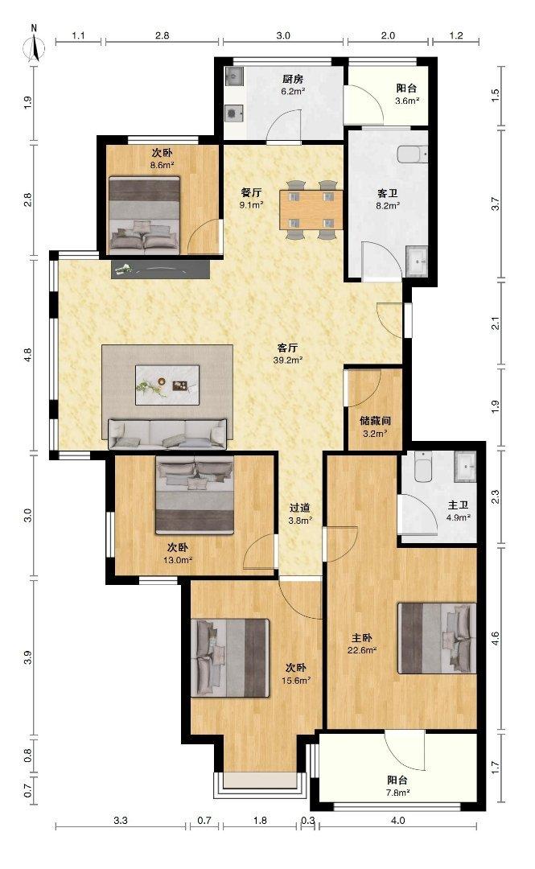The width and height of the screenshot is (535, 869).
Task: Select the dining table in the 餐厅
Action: coord(311,209)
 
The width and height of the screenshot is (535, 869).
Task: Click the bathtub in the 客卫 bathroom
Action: coord(413,154)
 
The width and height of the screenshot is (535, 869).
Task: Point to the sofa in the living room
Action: coord(167,434)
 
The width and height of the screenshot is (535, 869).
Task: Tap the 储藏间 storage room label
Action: coord(376,421)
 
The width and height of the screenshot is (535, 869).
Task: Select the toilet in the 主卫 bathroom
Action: coord(423,467)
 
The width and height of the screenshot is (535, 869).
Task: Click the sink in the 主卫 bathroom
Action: coord(465,466)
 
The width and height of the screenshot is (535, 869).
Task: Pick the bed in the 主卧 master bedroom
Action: coord(437,638)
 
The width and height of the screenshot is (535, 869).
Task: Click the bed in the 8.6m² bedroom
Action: coord(144,215)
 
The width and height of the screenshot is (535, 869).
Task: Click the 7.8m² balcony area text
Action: coord(398,793)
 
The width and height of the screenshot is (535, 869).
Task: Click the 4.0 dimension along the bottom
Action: coord(398,820)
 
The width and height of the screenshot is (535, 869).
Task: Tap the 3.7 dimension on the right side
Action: coord(496,204)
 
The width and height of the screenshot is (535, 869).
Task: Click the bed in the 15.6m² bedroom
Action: coord(230,658)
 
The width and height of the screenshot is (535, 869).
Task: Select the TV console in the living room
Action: coord(160,269)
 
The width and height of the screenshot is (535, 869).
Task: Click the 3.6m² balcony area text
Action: coord(407,101)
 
